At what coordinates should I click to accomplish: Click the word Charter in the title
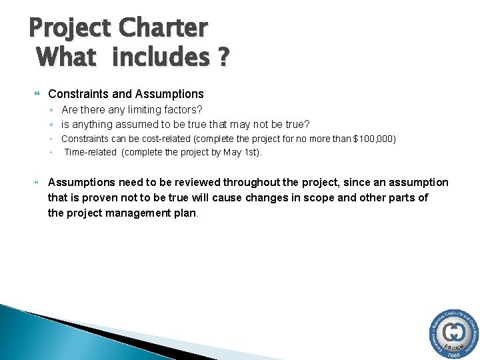point(163,28)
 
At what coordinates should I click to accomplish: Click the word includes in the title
point(161,57)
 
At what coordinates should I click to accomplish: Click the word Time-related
point(90,152)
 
